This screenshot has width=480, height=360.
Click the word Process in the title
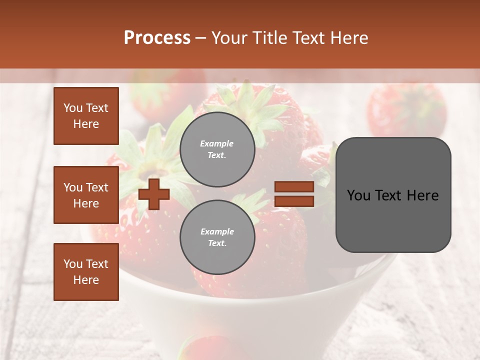tap(157, 38)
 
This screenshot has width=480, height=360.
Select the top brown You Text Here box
tap(86, 116)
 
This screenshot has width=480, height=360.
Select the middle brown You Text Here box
tap(86, 195)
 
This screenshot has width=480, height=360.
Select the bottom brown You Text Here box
tap(86, 272)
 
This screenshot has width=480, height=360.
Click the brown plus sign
tap(154, 194)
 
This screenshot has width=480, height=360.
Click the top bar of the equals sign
tap(294, 186)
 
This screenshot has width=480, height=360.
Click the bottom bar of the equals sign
tap(294, 201)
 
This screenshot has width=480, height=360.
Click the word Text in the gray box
tap(391, 195)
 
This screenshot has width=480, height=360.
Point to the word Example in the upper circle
tap(217, 143)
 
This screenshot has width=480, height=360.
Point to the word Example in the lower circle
tap(217, 231)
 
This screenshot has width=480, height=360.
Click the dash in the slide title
tap(200, 38)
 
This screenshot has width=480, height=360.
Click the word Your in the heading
tap(230, 38)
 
